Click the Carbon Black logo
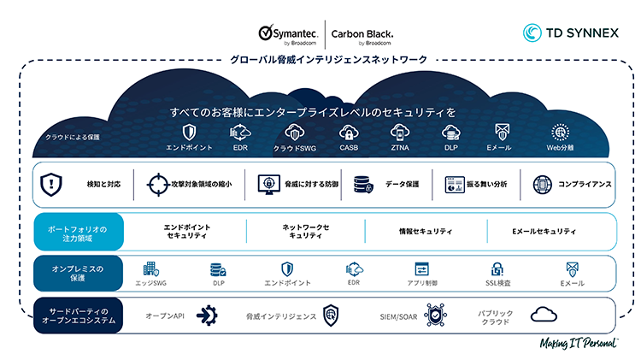tap(362, 33)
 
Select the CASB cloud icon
tap(348, 133)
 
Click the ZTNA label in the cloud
tap(400, 148)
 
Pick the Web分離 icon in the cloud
tap(561, 133)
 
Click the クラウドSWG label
tap(294, 148)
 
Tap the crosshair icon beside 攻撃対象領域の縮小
tap(159, 184)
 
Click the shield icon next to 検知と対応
tap(52, 184)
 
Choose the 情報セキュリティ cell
tap(426, 231)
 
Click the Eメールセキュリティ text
tap(544, 231)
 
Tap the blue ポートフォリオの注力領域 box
tap(79, 231)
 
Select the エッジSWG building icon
tap(150, 269)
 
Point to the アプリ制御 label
tap(421, 282)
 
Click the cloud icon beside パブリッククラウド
tap(544, 315)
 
